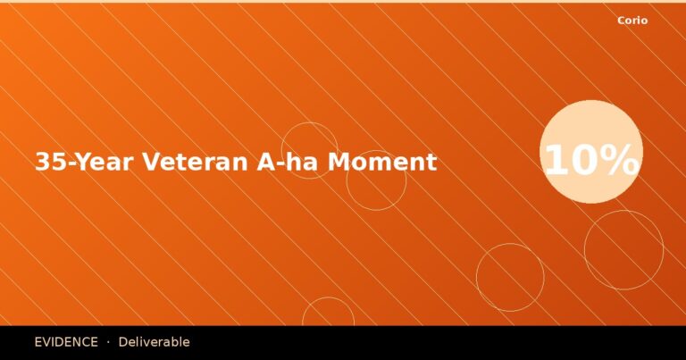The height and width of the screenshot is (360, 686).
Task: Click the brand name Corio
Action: click(x=632, y=21)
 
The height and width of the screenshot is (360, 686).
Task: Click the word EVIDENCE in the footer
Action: click(x=66, y=342)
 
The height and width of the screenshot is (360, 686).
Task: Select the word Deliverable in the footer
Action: click(x=154, y=342)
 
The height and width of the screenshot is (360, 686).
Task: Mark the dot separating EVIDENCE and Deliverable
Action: click(x=108, y=342)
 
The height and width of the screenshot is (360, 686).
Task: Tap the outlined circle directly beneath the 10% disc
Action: click(x=623, y=250)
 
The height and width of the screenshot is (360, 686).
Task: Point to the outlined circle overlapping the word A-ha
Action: click(x=309, y=150)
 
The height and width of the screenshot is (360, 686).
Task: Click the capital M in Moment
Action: click(x=338, y=163)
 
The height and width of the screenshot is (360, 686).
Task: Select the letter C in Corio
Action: click(x=622, y=21)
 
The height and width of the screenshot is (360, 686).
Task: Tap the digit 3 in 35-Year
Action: click(x=41, y=163)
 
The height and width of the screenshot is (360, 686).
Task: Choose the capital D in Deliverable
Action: click(x=123, y=342)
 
